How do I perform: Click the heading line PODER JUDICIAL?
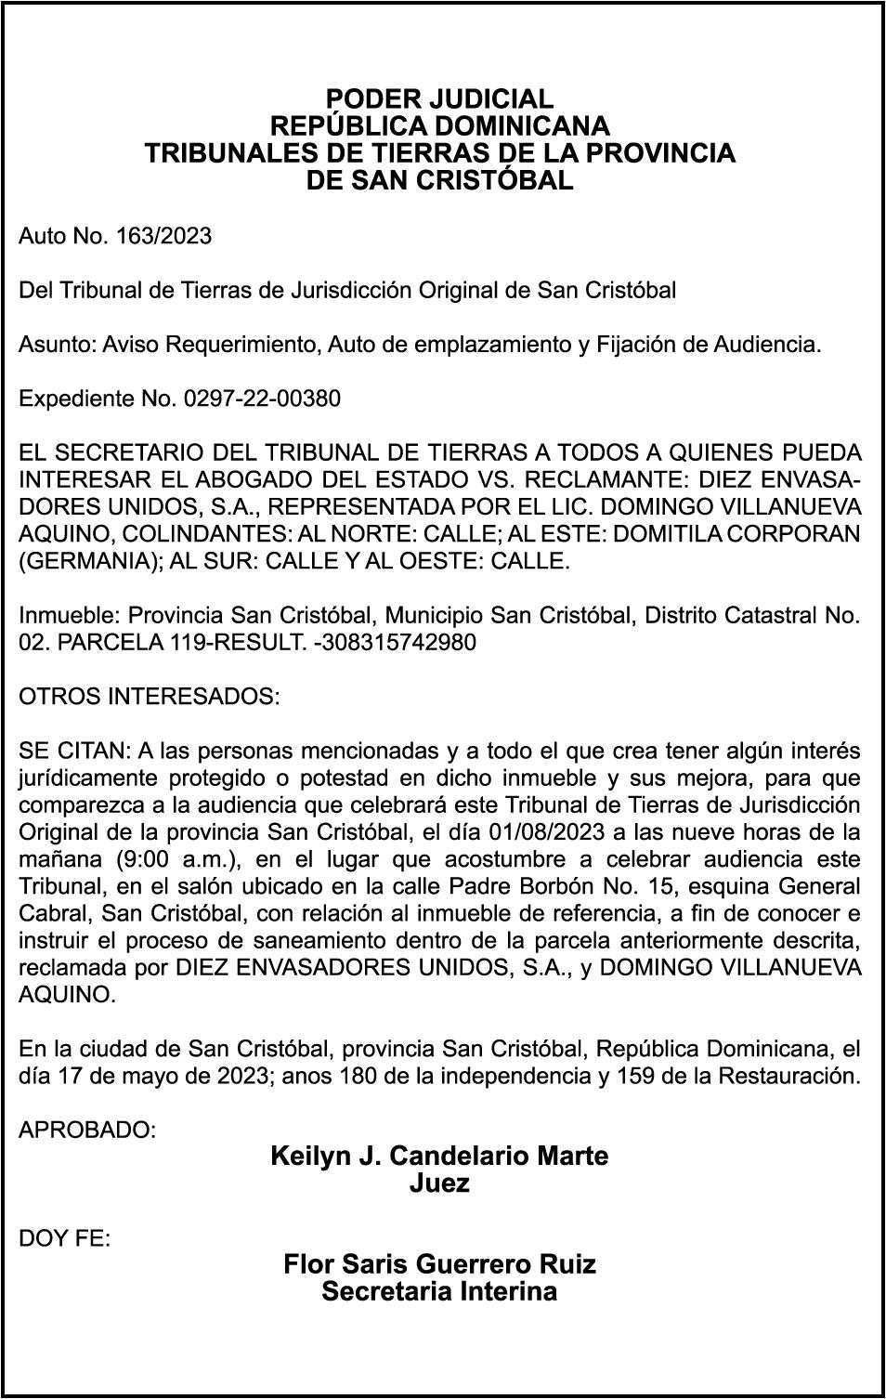tap(439, 98)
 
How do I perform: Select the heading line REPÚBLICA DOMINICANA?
tap(439, 125)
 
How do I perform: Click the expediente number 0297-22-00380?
tap(263, 399)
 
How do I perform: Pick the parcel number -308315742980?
tap(395, 643)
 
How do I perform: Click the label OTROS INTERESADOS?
tap(149, 697)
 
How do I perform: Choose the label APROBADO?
tap(87, 1131)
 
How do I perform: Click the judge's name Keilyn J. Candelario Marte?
tap(439, 1157)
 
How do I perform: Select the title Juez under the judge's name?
tap(439, 1183)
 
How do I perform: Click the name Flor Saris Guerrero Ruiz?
tap(439, 1264)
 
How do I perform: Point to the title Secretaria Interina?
tap(439, 1291)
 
